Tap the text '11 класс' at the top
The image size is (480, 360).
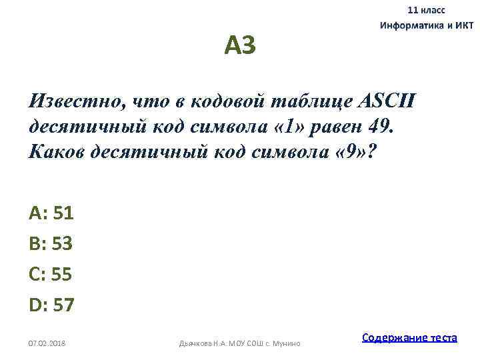click(x=427, y=11)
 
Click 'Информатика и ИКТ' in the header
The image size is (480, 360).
click(x=427, y=26)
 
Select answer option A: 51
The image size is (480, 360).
click(x=51, y=213)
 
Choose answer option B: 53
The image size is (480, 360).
click(x=51, y=243)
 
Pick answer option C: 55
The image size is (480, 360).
click(x=51, y=274)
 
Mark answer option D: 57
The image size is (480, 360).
click(x=52, y=305)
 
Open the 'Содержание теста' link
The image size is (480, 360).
click(x=409, y=337)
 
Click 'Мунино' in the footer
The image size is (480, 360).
click(x=287, y=343)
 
